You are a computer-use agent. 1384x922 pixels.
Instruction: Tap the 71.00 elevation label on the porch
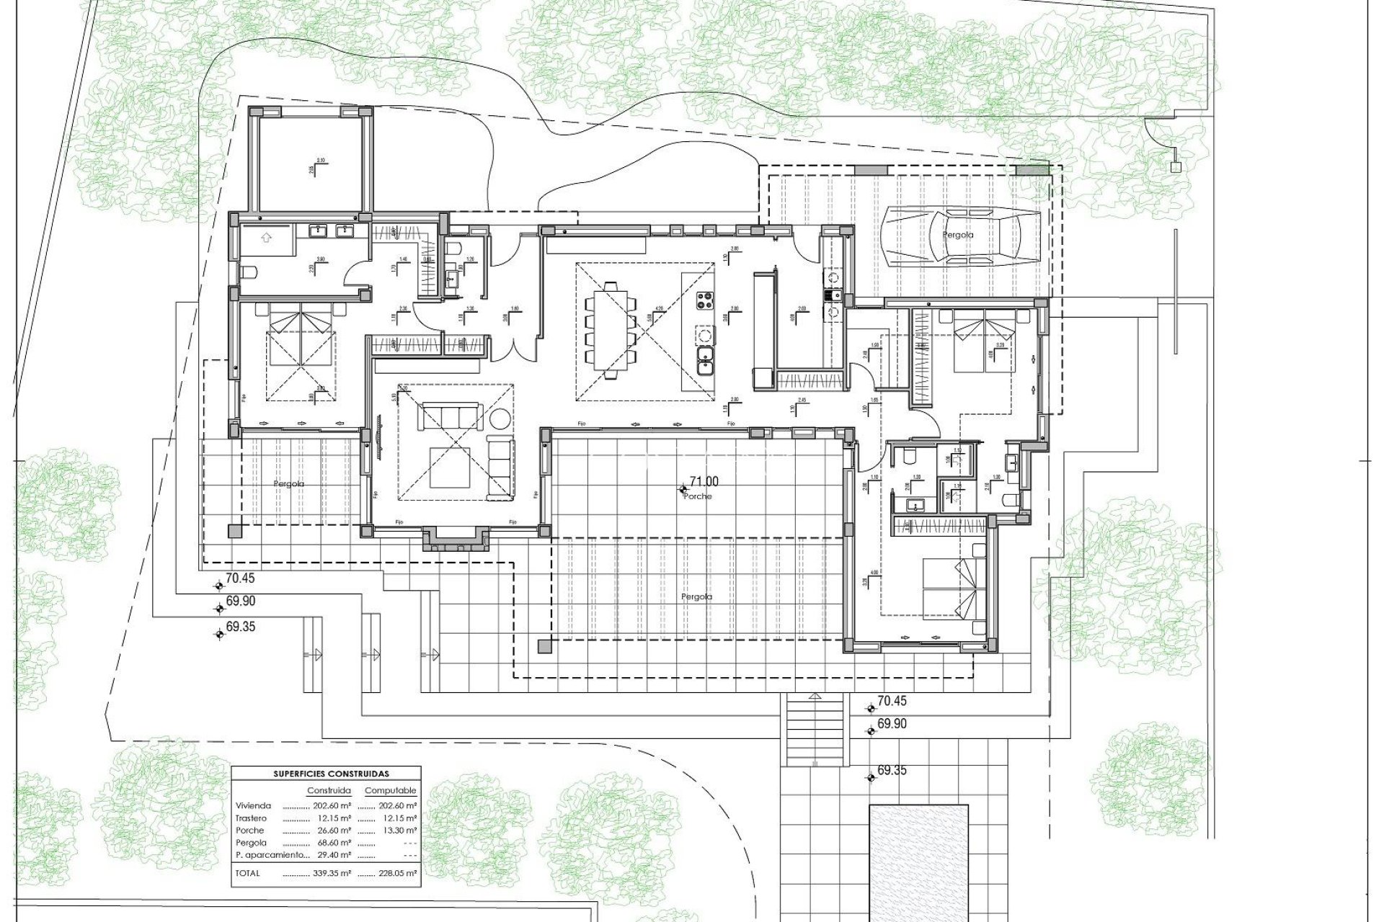pos(704,482)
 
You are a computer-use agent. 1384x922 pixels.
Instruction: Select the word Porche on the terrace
pos(698,496)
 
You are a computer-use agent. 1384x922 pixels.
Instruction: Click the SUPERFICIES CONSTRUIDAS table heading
pos(331,774)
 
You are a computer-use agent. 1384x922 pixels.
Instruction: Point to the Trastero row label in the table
pos(250,818)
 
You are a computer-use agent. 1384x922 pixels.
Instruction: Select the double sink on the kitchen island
pos(705,359)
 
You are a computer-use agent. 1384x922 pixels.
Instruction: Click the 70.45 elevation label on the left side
pos(240,578)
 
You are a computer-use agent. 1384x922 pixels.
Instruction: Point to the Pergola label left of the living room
pos(288,484)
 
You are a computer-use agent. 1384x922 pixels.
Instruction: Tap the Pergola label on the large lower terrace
pos(696,597)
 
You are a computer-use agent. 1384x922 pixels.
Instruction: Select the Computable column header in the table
pos(390,790)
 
